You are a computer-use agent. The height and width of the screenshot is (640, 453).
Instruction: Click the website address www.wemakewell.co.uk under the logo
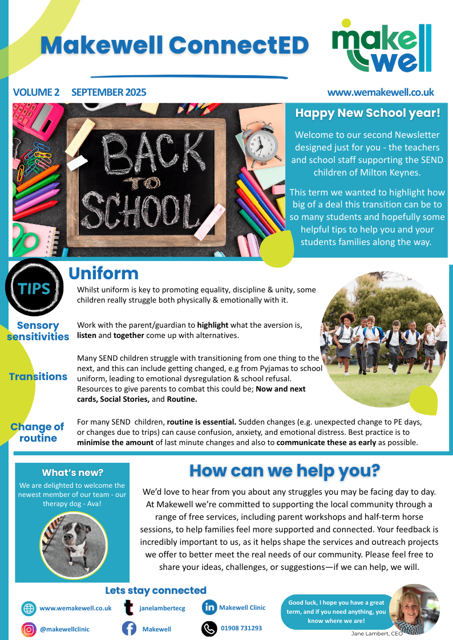pyautogui.click(x=381, y=92)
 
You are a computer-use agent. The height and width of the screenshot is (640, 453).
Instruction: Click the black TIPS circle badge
pyautogui.click(x=34, y=288)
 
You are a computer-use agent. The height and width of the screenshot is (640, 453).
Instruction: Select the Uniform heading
pyautogui.click(x=103, y=273)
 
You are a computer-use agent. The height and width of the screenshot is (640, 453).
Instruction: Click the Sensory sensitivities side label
pyautogui.click(x=38, y=331)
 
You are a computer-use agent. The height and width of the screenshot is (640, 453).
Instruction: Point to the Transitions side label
pyautogui.click(x=38, y=377)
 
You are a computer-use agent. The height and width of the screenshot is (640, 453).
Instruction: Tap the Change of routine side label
pyautogui.click(x=38, y=433)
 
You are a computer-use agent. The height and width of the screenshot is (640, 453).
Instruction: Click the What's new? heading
pyautogui.click(x=72, y=472)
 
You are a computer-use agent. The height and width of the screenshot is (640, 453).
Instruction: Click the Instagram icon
pyautogui.click(x=29, y=629)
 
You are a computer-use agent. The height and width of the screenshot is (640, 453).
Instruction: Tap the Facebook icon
pyautogui.click(x=129, y=629)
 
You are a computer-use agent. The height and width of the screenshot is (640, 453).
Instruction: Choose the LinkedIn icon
pyautogui.click(x=209, y=608)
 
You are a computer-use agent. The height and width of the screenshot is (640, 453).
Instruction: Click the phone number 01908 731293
pyautogui.click(x=241, y=628)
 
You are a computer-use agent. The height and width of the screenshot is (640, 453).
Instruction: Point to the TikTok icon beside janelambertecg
pyautogui.click(x=130, y=608)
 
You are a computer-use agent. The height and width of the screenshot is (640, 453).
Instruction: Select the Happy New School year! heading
pyautogui.click(x=367, y=113)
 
